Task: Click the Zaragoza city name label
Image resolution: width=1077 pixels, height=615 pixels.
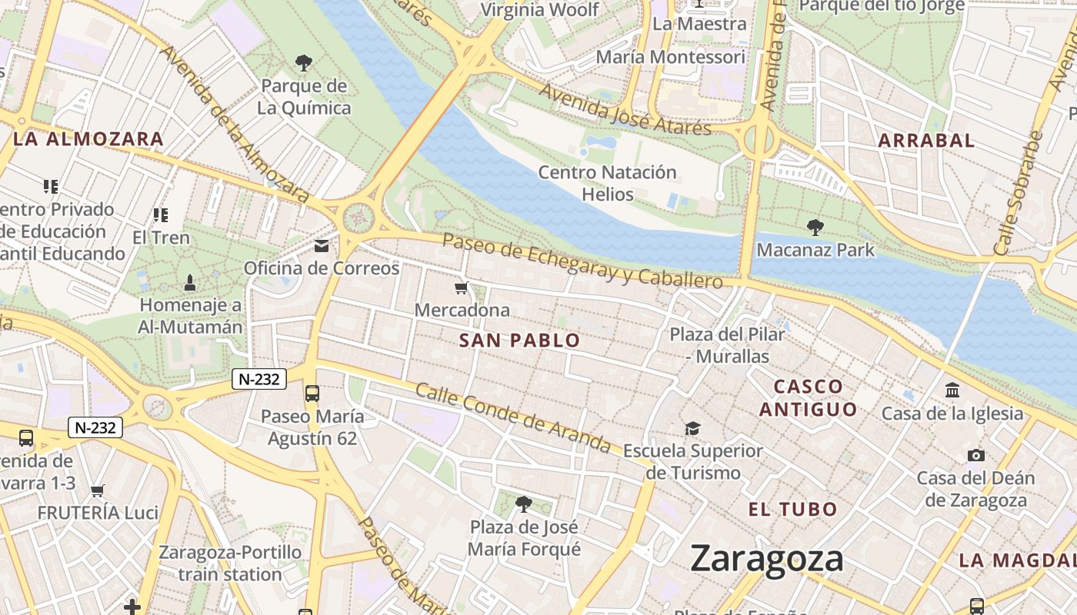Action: pyautogui.click(x=766, y=559)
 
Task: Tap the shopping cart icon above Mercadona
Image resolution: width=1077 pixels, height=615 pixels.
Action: pyautogui.click(x=461, y=288)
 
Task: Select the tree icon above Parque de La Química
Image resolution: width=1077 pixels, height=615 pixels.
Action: pyautogui.click(x=304, y=62)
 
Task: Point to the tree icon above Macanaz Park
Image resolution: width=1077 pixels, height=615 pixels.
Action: pyautogui.click(x=815, y=228)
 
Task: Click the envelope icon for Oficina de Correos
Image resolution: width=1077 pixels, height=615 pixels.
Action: pyautogui.click(x=322, y=246)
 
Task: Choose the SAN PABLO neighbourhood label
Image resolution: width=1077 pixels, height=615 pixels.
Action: pyautogui.click(x=519, y=341)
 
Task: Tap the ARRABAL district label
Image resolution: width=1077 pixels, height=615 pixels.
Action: pyautogui.click(x=926, y=141)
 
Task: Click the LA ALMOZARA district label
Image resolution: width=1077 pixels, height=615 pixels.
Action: pyautogui.click(x=88, y=139)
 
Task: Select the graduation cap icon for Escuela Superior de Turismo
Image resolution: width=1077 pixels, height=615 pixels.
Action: pyautogui.click(x=693, y=428)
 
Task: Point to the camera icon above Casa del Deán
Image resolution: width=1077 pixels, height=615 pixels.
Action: pyautogui.click(x=975, y=456)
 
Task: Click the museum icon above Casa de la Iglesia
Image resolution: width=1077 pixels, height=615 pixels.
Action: pyautogui.click(x=952, y=391)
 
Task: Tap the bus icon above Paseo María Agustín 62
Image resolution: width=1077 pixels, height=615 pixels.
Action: pyautogui.click(x=312, y=394)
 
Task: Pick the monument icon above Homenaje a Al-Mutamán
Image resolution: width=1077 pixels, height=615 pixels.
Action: pyautogui.click(x=190, y=283)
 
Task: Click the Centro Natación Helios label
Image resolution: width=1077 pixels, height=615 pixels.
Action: pyautogui.click(x=607, y=183)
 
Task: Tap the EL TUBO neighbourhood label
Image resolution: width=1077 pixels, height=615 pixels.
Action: pyautogui.click(x=792, y=509)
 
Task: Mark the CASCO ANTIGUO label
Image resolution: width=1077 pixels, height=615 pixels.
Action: pyautogui.click(x=808, y=397)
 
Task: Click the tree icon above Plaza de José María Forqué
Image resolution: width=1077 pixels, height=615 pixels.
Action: pyautogui.click(x=524, y=504)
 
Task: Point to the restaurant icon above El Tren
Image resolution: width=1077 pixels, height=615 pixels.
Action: pyautogui.click(x=160, y=215)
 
